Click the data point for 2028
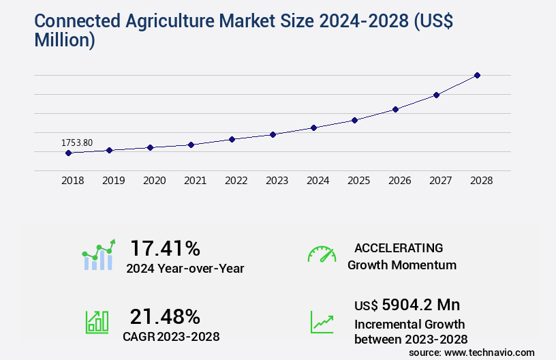click(x=477, y=75)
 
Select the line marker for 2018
click(x=68, y=153)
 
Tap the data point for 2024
click(x=313, y=127)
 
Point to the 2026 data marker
click(x=395, y=109)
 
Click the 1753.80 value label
click(x=77, y=142)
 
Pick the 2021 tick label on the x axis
click(x=196, y=181)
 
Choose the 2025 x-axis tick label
click(x=359, y=181)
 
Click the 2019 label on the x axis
click(x=114, y=181)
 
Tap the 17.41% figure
click(x=165, y=247)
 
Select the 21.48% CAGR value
click(x=165, y=316)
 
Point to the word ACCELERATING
click(x=399, y=247)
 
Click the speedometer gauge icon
click(x=322, y=254)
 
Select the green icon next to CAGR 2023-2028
click(x=97, y=322)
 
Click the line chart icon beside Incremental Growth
click(x=322, y=322)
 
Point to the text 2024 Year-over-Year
click(x=185, y=268)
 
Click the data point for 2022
click(x=232, y=139)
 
